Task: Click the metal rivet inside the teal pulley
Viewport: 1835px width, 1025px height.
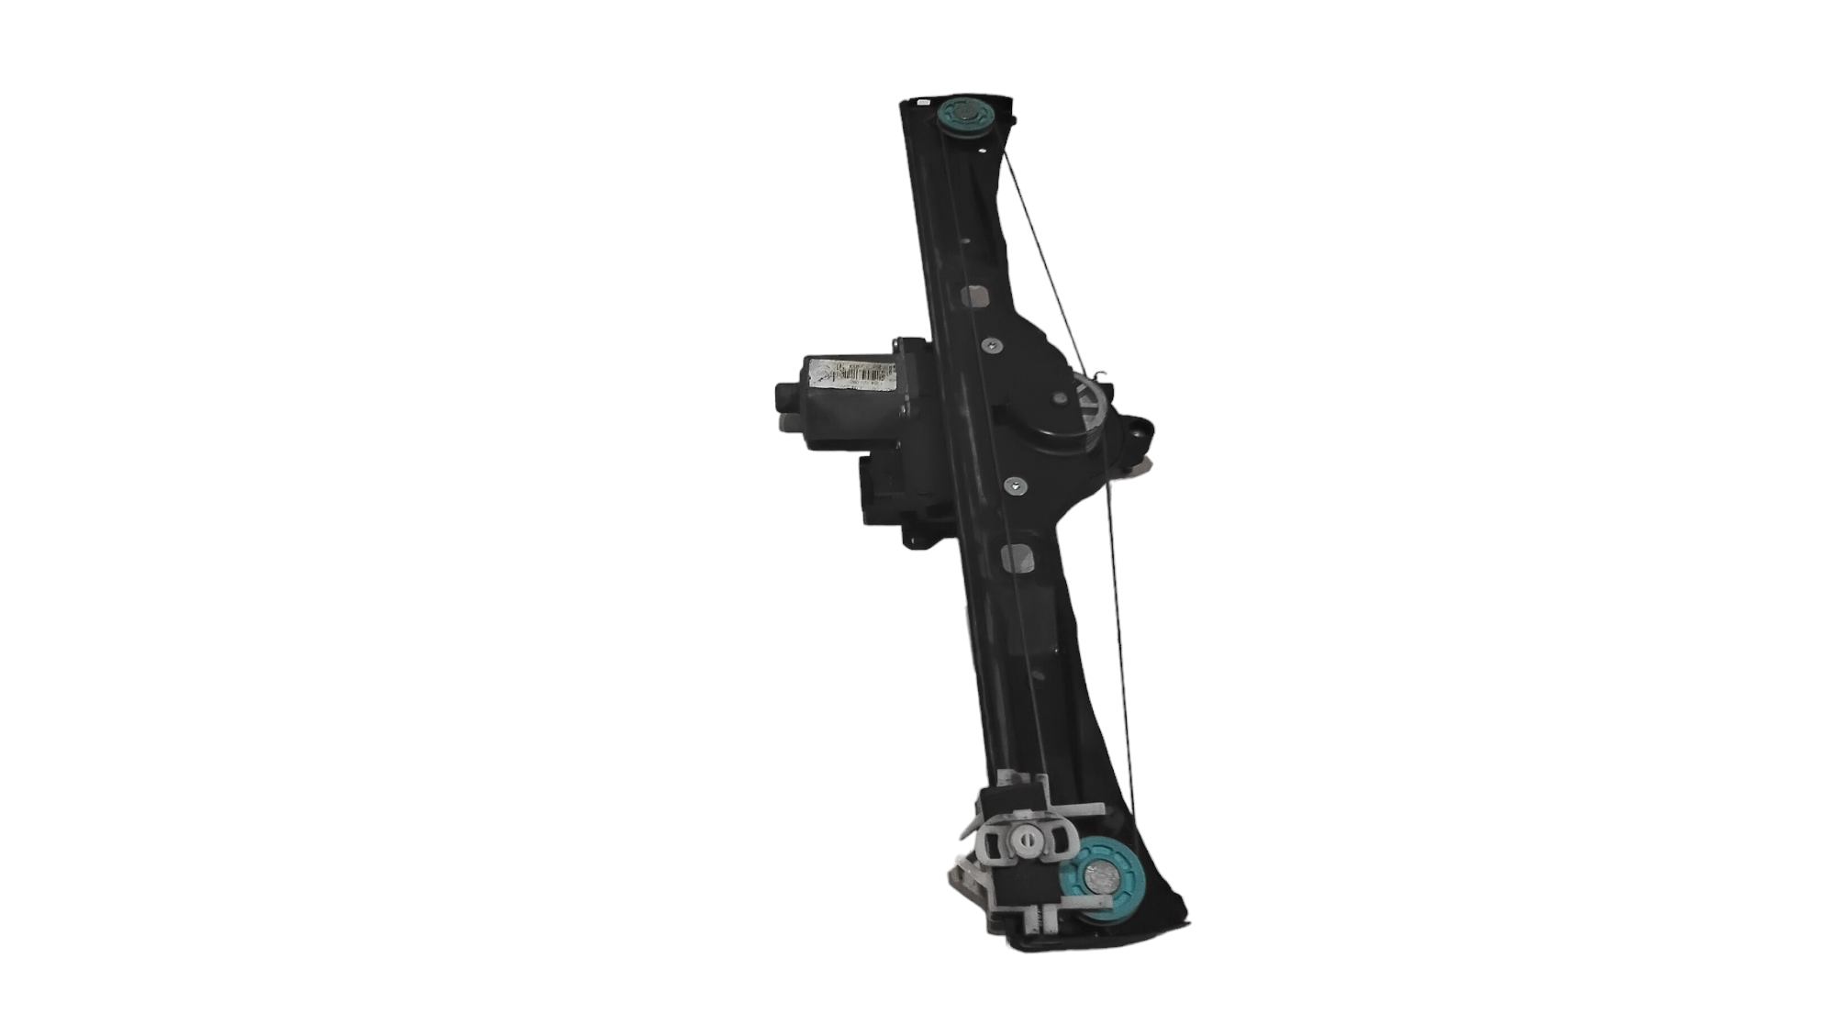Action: [1098, 878]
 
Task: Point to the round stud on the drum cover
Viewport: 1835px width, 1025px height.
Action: [1061, 397]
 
